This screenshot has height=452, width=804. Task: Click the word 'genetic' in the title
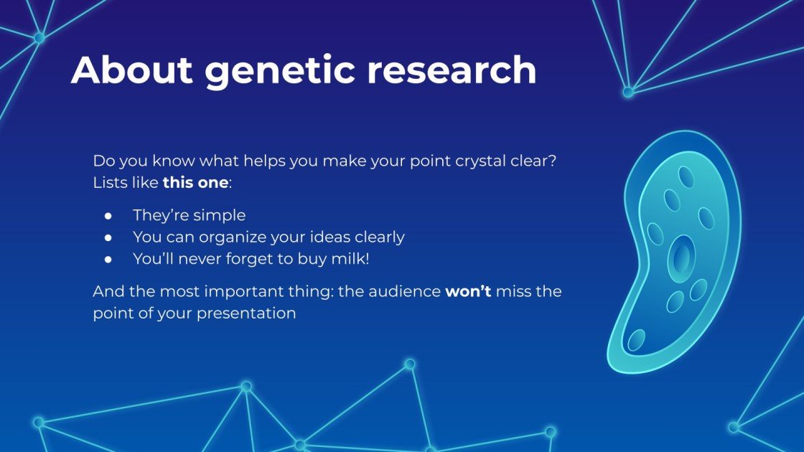(x=280, y=71)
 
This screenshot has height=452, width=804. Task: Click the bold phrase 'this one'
(x=195, y=182)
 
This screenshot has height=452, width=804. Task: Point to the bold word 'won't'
(x=468, y=291)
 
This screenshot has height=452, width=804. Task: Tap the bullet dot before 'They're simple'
(x=108, y=216)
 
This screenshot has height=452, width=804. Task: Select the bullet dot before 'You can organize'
(x=108, y=237)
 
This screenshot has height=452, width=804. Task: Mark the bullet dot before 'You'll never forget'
(x=108, y=259)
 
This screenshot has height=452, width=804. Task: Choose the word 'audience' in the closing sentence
(x=405, y=291)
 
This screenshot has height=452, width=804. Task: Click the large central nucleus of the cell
(x=681, y=258)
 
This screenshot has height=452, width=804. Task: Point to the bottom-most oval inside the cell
(x=636, y=340)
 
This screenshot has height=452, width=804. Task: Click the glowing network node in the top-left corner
(x=39, y=37)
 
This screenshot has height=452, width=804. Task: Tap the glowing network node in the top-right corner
(x=628, y=93)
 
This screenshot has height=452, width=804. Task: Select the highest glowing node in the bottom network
(x=409, y=364)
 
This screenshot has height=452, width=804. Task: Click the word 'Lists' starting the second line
(x=109, y=182)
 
